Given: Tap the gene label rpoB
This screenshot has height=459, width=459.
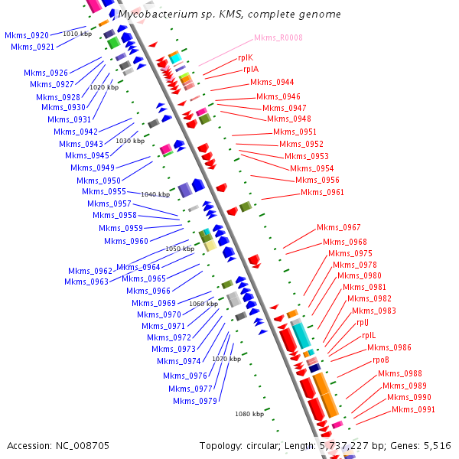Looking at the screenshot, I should tap(381, 360).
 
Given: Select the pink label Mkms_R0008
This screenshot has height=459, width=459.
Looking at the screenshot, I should tap(278, 37).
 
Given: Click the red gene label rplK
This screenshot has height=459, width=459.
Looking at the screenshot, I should tap(246, 57).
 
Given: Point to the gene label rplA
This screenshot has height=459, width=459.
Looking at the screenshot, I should tap(251, 69).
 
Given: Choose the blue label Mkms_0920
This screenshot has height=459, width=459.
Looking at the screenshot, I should tap(27, 35).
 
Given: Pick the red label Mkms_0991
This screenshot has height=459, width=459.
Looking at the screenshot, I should tap(414, 409).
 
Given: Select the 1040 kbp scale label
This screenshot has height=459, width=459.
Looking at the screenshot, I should tap(155, 194).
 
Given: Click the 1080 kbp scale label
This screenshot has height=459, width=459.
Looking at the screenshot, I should tap(249, 414).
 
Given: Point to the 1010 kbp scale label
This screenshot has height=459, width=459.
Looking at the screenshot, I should tap(76, 34).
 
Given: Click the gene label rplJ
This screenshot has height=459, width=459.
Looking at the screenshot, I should tap(363, 323).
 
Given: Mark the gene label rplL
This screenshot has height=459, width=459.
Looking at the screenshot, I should tap(368, 335).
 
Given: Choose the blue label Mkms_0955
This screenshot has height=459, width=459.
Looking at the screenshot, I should tap(104, 191).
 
